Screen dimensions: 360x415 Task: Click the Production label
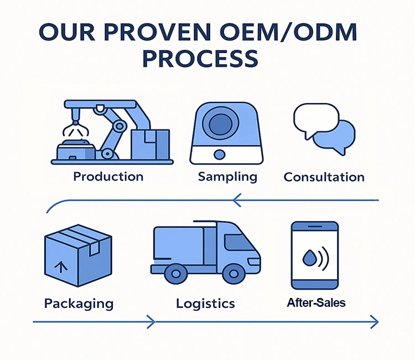pyautogui.click(x=108, y=177)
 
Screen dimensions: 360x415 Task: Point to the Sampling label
pyautogui.click(x=227, y=177)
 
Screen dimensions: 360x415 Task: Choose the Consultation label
pyautogui.click(x=324, y=177)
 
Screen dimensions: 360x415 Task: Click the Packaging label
pyautogui.click(x=79, y=304)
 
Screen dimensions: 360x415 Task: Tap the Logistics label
pyautogui.click(x=205, y=304)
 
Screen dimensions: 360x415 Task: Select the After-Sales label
pyautogui.click(x=316, y=303)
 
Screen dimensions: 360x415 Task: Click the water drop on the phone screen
pyautogui.click(x=308, y=257)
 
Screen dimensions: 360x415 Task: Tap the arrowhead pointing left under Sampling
pyautogui.click(x=237, y=199)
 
